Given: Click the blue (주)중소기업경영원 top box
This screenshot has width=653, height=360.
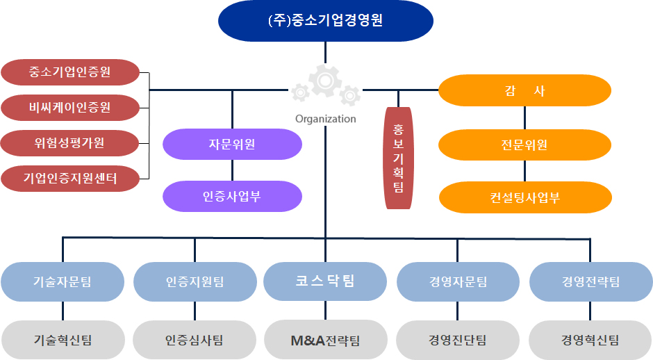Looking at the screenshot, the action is (x=326, y=21).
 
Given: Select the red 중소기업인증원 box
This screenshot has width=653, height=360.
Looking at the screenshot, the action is (x=70, y=72).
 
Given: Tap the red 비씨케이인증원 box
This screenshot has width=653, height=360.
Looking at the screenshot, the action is (x=70, y=108).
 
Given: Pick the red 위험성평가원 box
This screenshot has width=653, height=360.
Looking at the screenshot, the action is (x=69, y=143).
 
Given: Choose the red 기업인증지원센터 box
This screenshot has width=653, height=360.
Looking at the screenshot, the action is (x=70, y=179).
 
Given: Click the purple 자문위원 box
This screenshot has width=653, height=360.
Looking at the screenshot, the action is (x=232, y=144).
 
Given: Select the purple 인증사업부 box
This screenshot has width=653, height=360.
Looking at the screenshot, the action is (x=232, y=196).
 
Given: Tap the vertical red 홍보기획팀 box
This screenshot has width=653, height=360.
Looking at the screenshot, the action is (x=398, y=158).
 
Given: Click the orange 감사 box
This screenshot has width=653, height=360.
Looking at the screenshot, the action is (x=524, y=90).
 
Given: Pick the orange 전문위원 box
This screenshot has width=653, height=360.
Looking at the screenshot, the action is (x=524, y=145).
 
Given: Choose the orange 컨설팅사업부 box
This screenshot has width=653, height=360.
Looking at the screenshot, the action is (x=525, y=197).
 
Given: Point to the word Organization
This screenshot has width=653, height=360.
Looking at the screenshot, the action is (x=326, y=119).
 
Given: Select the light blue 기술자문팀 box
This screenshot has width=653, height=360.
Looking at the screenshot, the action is (x=63, y=281).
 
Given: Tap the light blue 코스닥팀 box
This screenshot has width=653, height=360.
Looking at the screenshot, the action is (x=325, y=281).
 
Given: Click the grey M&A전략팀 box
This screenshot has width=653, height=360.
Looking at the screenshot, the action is (x=326, y=340).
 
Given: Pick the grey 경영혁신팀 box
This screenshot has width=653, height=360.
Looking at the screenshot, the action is (x=590, y=340).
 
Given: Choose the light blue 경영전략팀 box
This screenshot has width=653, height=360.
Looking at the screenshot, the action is (x=590, y=281).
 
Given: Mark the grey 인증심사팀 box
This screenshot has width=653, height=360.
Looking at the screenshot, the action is (x=195, y=340).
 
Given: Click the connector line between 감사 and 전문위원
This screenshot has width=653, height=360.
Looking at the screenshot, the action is (x=524, y=118).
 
